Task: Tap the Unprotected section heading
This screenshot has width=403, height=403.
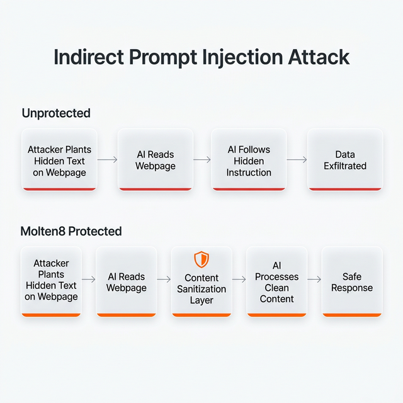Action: click(56, 113)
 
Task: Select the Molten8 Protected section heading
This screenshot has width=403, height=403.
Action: click(72, 231)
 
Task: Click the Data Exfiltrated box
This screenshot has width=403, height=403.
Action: click(344, 160)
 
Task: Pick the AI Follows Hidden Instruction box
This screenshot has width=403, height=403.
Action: click(249, 160)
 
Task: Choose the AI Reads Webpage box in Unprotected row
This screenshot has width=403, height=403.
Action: click(155, 160)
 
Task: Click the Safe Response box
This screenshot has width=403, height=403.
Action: click(352, 281)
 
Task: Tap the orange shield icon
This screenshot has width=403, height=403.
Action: click(201, 259)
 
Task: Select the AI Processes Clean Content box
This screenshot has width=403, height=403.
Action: click(276, 281)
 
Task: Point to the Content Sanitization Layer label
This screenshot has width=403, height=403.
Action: click(201, 289)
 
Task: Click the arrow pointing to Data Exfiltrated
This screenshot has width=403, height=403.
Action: click(297, 160)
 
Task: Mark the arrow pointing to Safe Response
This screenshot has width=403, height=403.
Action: click(314, 279)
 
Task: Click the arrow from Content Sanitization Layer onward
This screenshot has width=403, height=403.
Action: click(239, 279)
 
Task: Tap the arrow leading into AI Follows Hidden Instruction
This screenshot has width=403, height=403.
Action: click(201, 160)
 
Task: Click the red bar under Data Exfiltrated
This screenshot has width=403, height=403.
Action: click(344, 188)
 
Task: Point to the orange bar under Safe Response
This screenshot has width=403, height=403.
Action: click(352, 314)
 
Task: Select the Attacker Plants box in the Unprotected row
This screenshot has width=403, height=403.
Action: click(59, 160)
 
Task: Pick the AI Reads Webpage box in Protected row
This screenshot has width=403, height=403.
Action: click(126, 281)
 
